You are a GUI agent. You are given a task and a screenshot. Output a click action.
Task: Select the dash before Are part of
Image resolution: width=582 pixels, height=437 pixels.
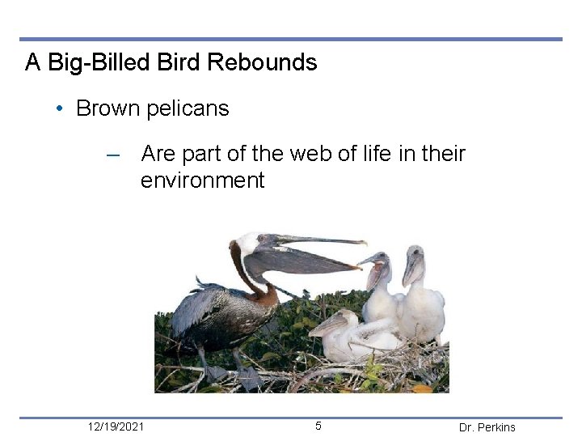pos(113,154)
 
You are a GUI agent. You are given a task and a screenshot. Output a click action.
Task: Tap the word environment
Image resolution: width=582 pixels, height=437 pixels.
pos(202,180)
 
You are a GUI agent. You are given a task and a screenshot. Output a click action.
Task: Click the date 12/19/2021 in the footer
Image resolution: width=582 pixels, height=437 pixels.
pos(116,426)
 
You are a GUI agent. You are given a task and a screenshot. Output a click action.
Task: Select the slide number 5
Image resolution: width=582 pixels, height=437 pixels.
pos(318,426)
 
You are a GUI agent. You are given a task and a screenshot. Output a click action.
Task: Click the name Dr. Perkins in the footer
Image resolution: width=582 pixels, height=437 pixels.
pos(487,427)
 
